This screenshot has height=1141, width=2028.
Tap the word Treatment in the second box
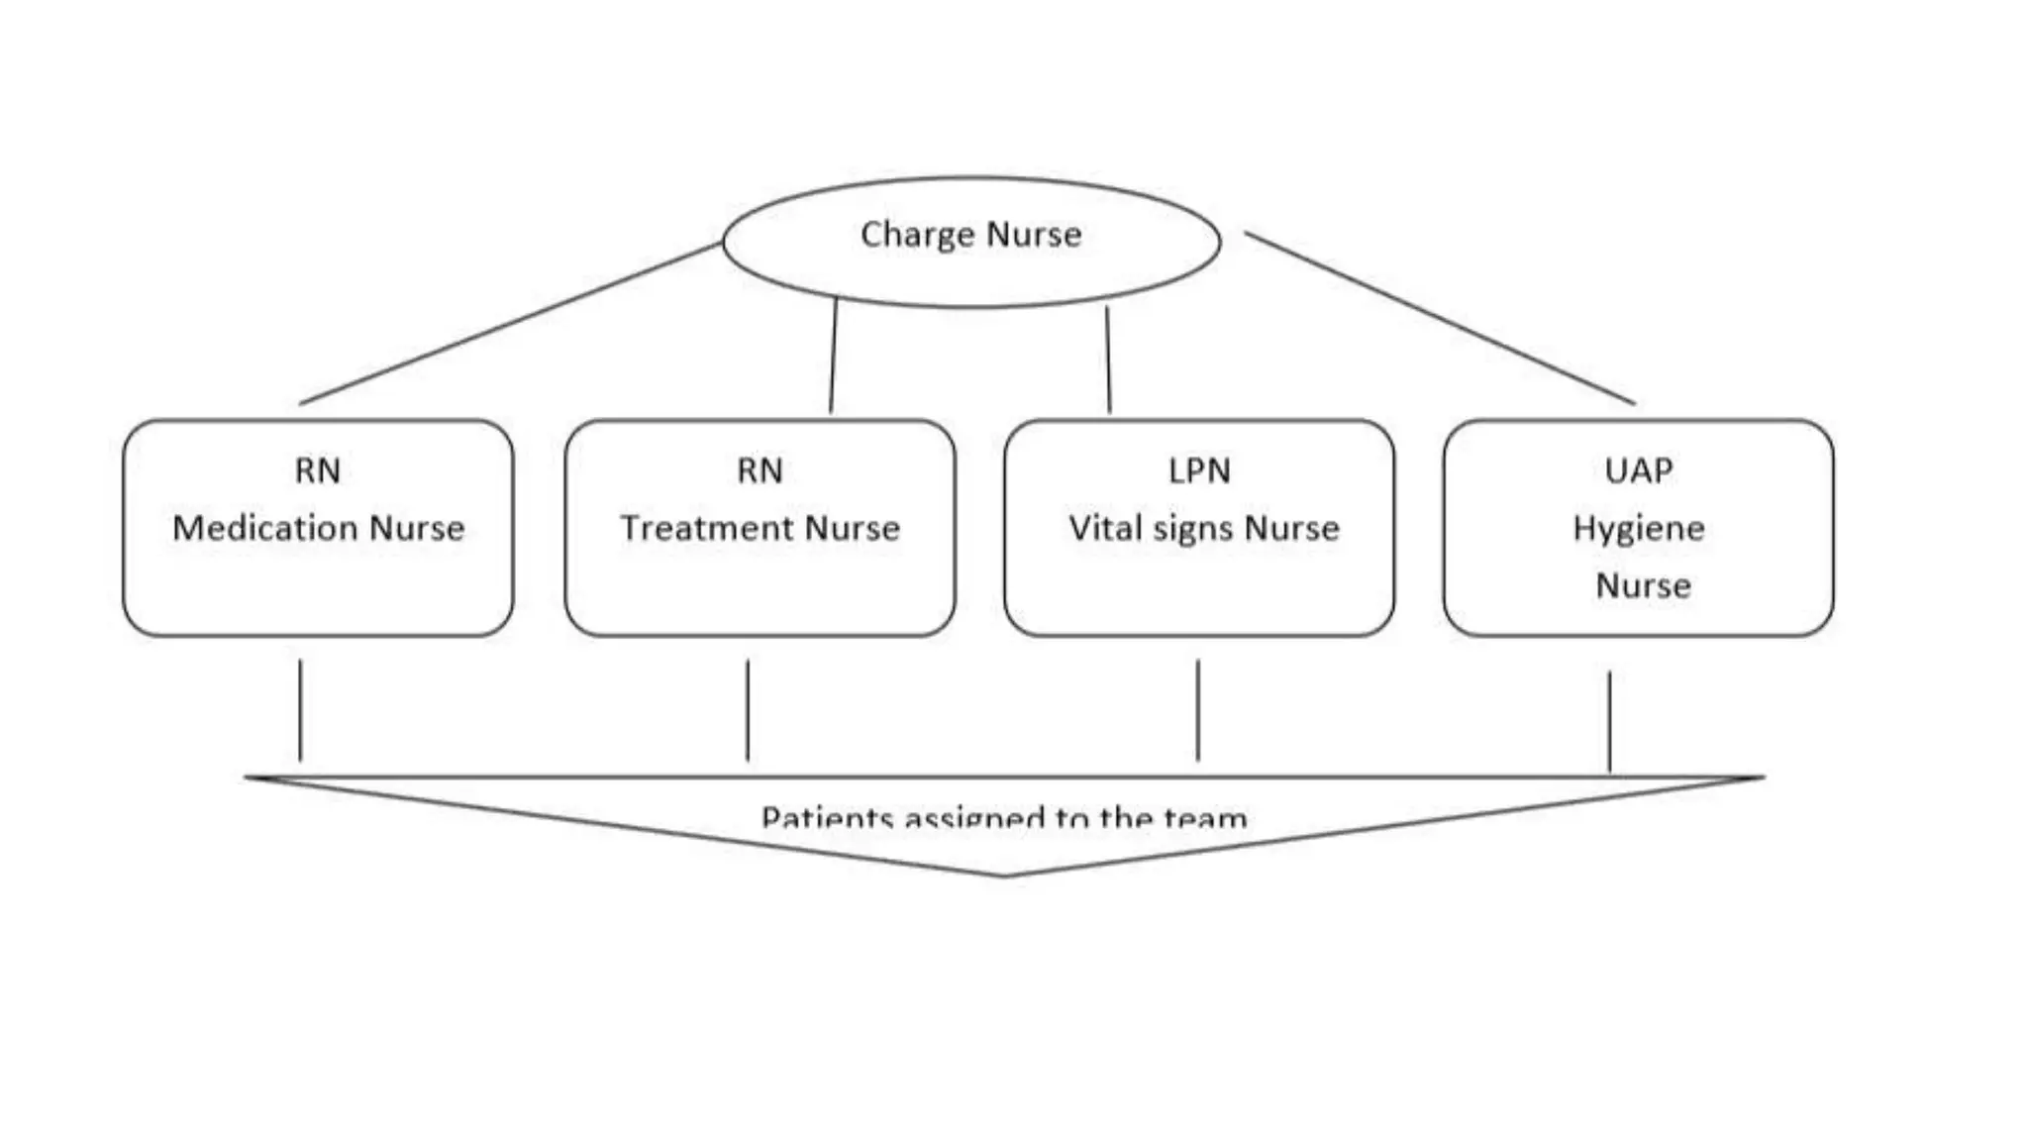tap(709, 528)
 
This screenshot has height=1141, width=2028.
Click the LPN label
tap(1199, 470)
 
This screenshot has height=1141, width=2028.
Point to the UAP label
tap(1639, 470)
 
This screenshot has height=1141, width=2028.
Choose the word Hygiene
tap(1639, 529)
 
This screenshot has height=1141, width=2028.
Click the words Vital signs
tap(1153, 528)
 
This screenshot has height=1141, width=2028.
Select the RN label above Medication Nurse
tap(318, 470)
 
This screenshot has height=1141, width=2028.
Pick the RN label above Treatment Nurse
tap(760, 470)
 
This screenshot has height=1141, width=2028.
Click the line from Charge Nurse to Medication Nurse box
tap(510, 323)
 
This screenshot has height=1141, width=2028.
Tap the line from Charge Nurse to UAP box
tap(1439, 318)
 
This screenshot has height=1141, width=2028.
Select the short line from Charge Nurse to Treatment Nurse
tap(833, 355)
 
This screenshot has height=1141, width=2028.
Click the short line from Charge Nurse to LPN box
tap(1108, 359)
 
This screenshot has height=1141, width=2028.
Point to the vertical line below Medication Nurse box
tap(300, 709)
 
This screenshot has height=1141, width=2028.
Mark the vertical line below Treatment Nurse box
tap(748, 709)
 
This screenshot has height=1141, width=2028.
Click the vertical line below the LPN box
tap(1198, 709)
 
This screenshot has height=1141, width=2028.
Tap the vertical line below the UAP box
tap(1609, 720)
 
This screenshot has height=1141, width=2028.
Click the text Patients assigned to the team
tap(1003, 817)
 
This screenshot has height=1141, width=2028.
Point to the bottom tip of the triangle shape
tap(1003, 875)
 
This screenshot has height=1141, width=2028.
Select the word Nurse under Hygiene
tap(1643, 585)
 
